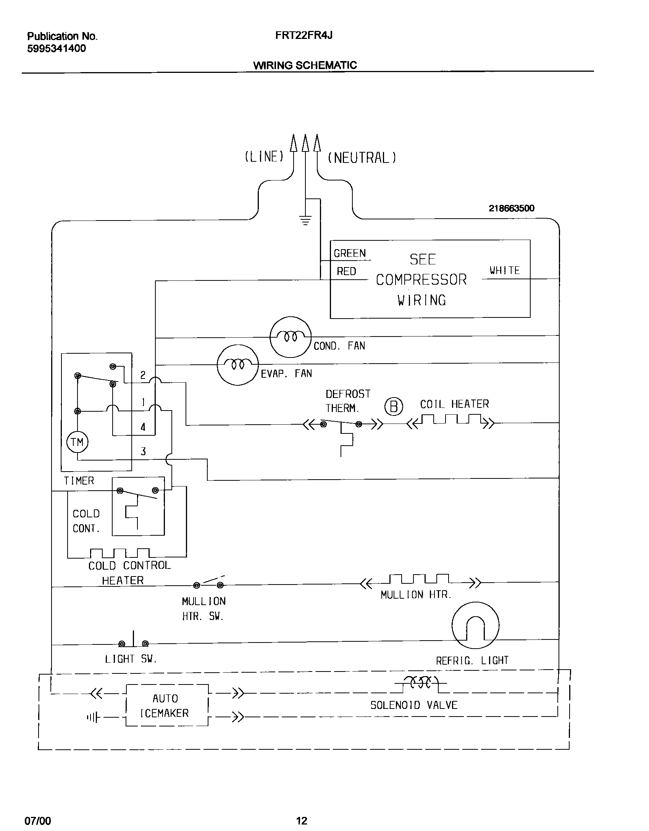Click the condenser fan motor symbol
pyautogui.click(x=291, y=337)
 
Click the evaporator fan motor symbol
pyautogui.click(x=237, y=365)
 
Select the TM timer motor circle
pyautogui.click(x=77, y=442)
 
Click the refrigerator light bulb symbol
pyautogui.click(x=475, y=625)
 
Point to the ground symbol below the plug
pyautogui.click(x=305, y=220)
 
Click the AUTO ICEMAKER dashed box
pyautogui.click(x=167, y=705)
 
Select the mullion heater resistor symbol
pyautogui.click(x=419, y=581)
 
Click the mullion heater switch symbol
pyautogui.click(x=208, y=583)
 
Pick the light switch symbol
pyautogui.click(x=133, y=643)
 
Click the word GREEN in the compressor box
pyautogui.click(x=350, y=253)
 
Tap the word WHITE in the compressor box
pyautogui.click(x=505, y=271)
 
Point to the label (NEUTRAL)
pyautogui.click(x=362, y=158)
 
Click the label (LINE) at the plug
pyautogui.click(x=264, y=156)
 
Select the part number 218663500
pyautogui.click(x=512, y=208)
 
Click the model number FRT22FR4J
pyautogui.click(x=304, y=35)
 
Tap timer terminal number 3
pyautogui.click(x=143, y=452)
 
